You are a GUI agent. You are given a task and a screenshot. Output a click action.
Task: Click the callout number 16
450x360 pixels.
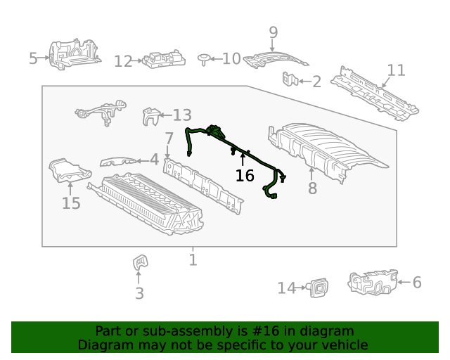tap(245, 176)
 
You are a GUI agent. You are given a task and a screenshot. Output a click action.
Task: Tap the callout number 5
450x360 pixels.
tap(33, 58)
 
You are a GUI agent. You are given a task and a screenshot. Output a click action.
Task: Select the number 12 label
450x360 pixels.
tap(123, 62)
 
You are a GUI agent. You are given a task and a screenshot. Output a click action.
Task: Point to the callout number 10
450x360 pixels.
tap(231, 58)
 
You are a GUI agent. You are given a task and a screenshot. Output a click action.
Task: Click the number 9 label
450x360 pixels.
tap(273, 32)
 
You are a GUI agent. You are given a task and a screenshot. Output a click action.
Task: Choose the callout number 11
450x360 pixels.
tap(397, 70)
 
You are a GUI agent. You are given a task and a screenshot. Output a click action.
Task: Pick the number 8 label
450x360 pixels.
tap(312, 188)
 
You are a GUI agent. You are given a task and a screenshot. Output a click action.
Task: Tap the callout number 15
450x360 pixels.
tap(71, 204)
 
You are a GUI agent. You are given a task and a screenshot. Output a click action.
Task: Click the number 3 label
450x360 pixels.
tap(139, 293)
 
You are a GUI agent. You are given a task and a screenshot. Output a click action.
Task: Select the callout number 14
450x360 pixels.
tap(286, 288)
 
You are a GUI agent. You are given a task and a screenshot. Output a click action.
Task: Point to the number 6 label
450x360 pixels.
tap(417, 283)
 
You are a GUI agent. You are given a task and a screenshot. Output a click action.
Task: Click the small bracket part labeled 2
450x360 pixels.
tap(289, 81)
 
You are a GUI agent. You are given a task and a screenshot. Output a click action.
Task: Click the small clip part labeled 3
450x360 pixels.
tap(139, 263)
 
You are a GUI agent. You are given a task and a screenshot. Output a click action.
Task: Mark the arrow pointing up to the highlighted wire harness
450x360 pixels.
tap(243, 158)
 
